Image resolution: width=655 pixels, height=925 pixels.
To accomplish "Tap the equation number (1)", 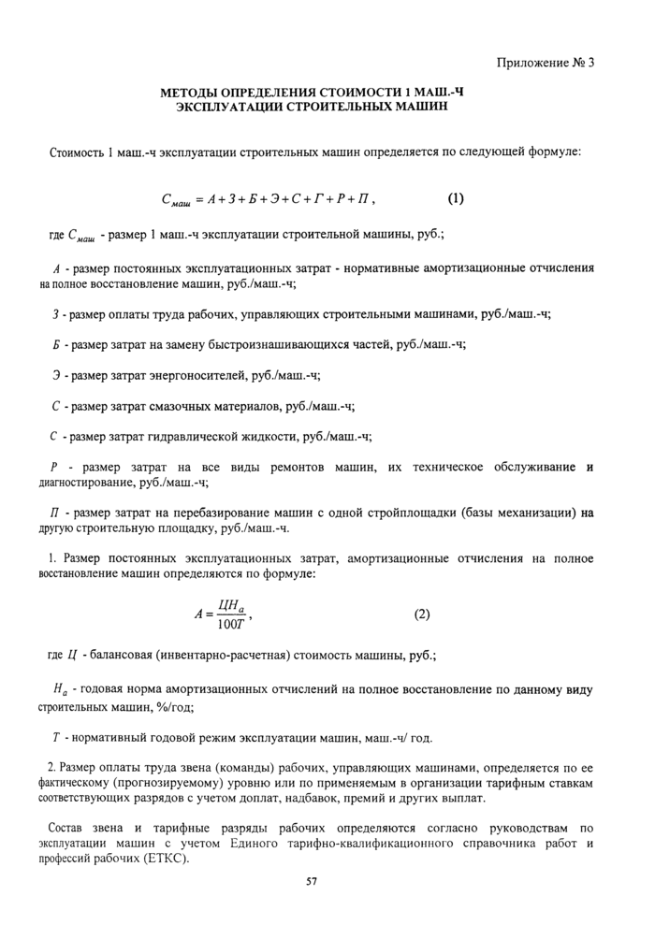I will pyautogui.click(x=456, y=198).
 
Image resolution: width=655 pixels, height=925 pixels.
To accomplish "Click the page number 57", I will pyautogui.click(x=313, y=881).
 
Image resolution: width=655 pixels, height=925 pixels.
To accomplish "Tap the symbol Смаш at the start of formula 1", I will pyautogui.click(x=176, y=200).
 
